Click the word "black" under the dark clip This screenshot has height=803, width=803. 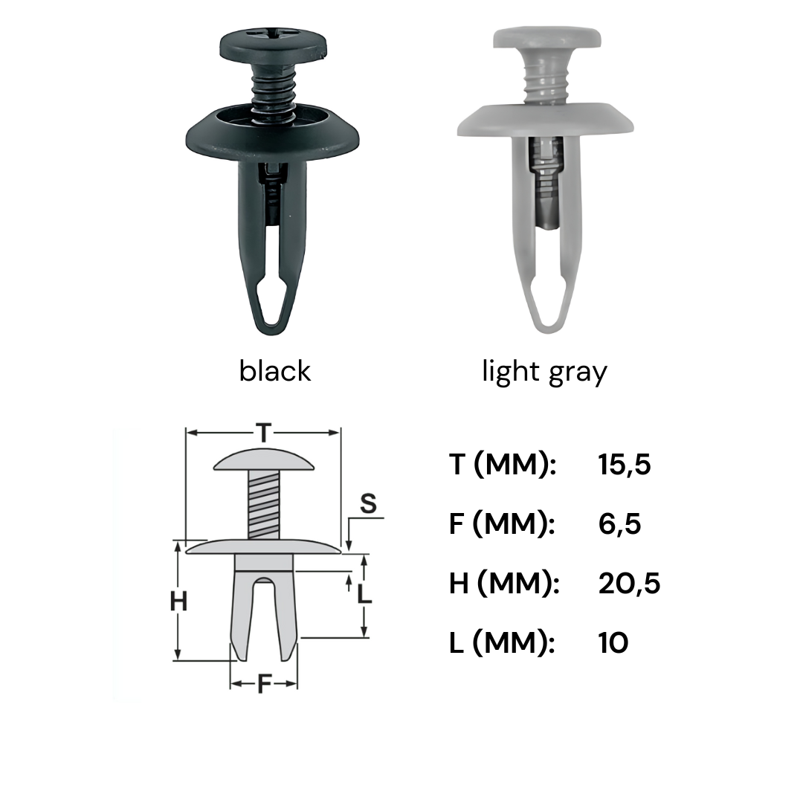pyautogui.click(x=274, y=371)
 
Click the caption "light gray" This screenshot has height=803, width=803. pyautogui.click(x=544, y=373)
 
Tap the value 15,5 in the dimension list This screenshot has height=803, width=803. pyautogui.click(x=625, y=465)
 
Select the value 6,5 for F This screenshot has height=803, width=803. pyautogui.click(x=619, y=524)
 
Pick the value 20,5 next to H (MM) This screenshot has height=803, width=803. pyautogui.click(x=630, y=584)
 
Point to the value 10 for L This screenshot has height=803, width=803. pyautogui.click(x=613, y=642)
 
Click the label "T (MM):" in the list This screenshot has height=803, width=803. pyautogui.click(x=503, y=465)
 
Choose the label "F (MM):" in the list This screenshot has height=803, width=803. pyautogui.click(x=502, y=524)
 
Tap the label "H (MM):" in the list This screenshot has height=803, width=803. pyautogui.click(x=504, y=584)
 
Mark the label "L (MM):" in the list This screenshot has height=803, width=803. pyautogui.click(x=502, y=642)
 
